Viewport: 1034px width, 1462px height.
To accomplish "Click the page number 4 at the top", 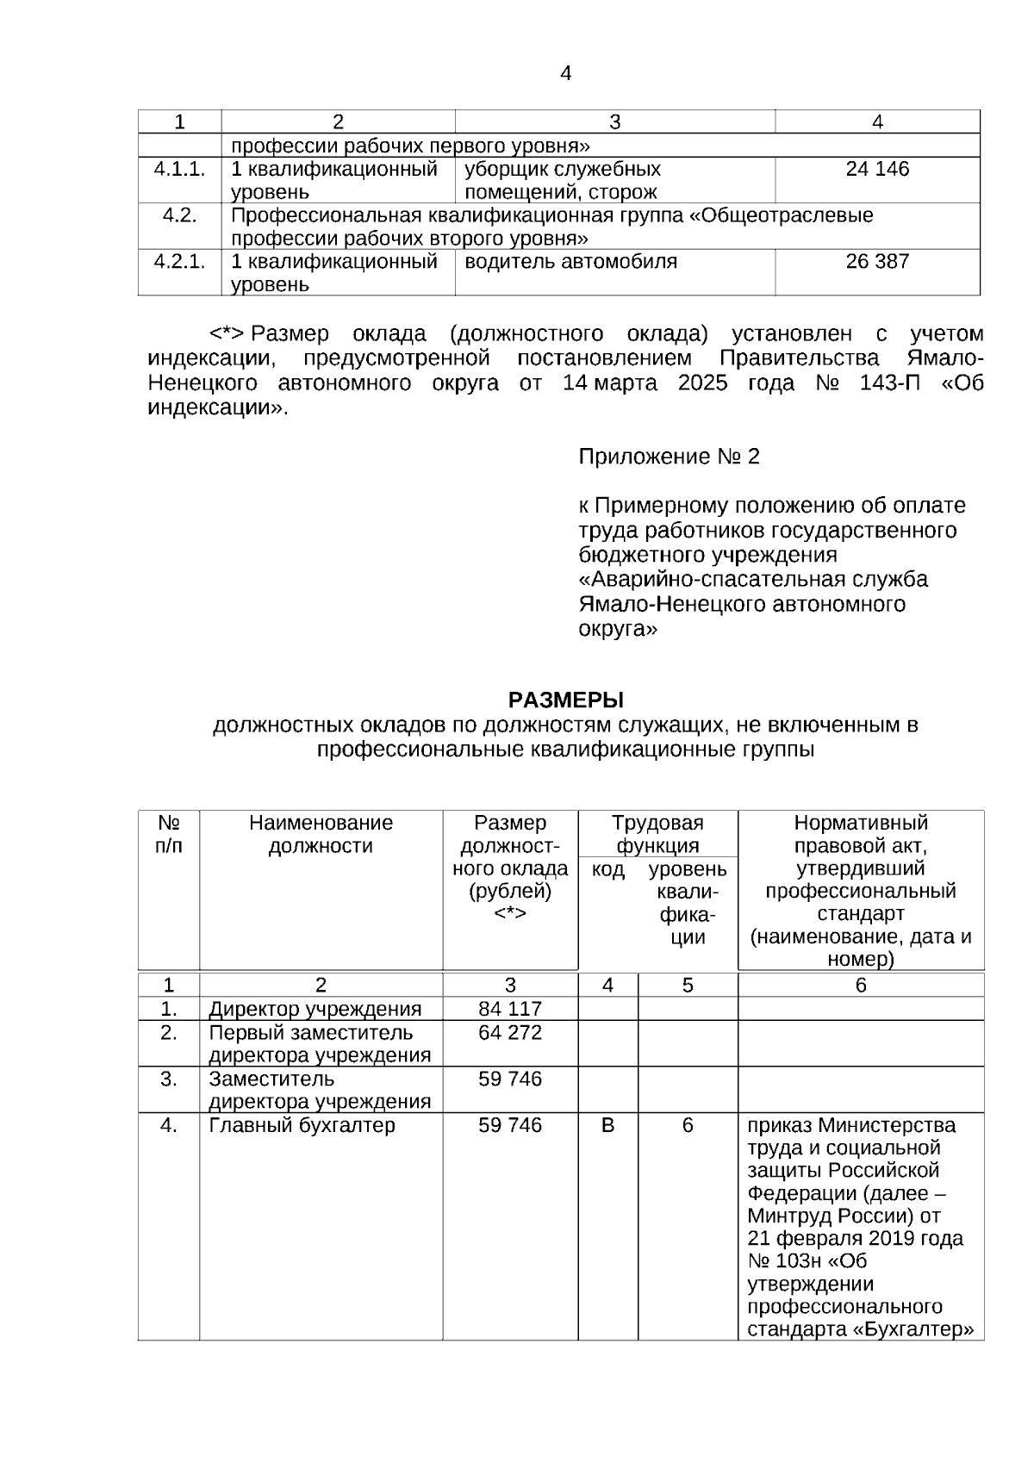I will [x=565, y=74].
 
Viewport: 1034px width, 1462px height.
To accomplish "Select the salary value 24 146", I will [x=877, y=169].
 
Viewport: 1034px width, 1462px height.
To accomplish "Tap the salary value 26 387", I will [x=877, y=261].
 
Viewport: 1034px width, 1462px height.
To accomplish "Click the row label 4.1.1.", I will [x=179, y=169].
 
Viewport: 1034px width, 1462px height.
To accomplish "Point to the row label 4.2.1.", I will [x=179, y=261].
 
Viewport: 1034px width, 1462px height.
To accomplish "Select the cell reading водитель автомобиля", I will [x=570, y=261].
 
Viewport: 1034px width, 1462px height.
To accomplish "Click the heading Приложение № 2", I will [x=669, y=457].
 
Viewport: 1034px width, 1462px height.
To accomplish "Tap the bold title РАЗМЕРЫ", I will [x=565, y=699].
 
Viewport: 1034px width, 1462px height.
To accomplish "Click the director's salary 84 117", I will [x=510, y=1009].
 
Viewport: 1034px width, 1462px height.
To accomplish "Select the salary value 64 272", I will [x=510, y=1032].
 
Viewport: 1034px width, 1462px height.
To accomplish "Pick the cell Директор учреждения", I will [x=315, y=1009].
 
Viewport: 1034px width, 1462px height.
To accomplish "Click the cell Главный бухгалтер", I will [x=302, y=1125].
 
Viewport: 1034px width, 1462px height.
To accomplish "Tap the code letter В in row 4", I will [x=607, y=1125].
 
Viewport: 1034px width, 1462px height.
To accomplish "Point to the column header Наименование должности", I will [x=321, y=834].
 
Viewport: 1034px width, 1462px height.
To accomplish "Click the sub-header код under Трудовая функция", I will [x=607, y=870].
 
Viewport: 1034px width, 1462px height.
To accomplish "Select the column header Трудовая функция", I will [x=657, y=834].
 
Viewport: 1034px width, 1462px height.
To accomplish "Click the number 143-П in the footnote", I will [x=889, y=383].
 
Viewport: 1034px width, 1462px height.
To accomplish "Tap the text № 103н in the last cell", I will [x=784, y=1261].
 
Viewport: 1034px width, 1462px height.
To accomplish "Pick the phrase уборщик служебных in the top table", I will [x=563, y=169].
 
